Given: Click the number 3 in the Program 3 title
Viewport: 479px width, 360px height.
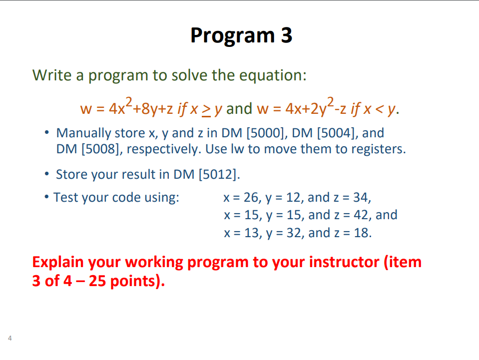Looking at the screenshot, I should tap(285, 35).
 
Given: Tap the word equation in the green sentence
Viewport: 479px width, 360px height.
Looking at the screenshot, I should tap(273, 75).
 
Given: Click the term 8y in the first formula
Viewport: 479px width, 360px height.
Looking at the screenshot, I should tap(148, 108).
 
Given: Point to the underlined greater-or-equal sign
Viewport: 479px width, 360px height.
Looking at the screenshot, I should tap(205, 109).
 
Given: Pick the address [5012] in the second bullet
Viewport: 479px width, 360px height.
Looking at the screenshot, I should tap(219, 174).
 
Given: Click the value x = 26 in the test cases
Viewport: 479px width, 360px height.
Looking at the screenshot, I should tap(239, 197).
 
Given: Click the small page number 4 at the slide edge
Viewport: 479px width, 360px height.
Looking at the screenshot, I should tap(9, 339).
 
